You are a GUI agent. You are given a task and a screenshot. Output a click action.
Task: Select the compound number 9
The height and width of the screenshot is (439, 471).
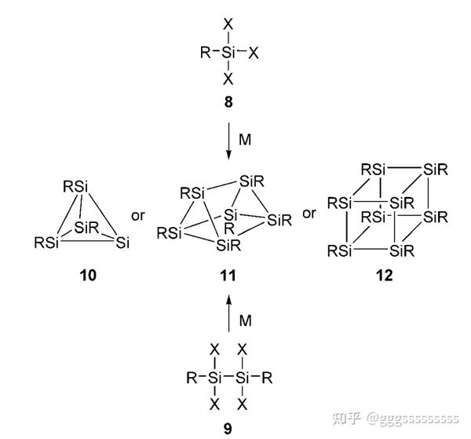[x=228, y=428]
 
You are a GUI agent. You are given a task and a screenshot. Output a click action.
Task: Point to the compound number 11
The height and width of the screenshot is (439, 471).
[x=228, y=276]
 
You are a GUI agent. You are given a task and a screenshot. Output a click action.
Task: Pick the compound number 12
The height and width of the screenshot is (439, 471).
[x=385, y=276]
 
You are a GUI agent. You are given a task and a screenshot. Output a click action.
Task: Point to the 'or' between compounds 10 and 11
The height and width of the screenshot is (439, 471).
[x=138, y=214]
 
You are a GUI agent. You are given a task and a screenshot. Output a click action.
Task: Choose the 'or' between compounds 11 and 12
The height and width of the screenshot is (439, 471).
[x=309, y=214]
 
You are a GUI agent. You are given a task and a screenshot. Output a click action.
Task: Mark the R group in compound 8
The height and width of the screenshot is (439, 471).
[x=205, y=53]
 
